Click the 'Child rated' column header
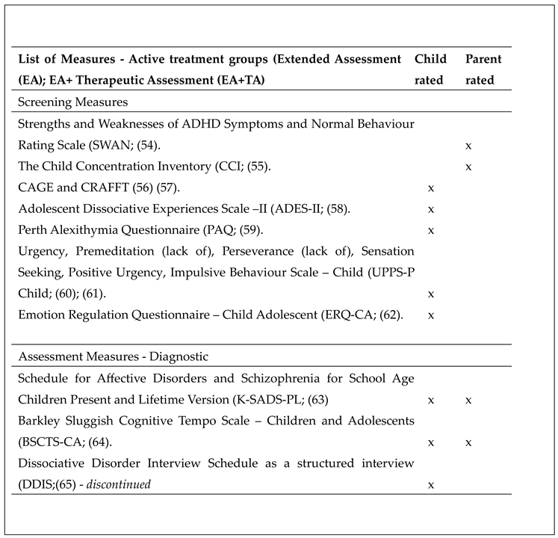tap(430, 69)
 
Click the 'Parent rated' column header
tap(483, 69)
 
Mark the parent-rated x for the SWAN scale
tap(468, 146)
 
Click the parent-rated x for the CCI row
tap(468, 167)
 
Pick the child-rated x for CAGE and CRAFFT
tap(430, 188)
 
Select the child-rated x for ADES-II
tap(430, 208)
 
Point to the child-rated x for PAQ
tap(430, 229)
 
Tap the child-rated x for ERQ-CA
tap(430, 315)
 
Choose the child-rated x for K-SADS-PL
tap(430, 401)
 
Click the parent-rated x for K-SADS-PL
tap(468, 401)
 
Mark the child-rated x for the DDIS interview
tap(430, 485)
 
